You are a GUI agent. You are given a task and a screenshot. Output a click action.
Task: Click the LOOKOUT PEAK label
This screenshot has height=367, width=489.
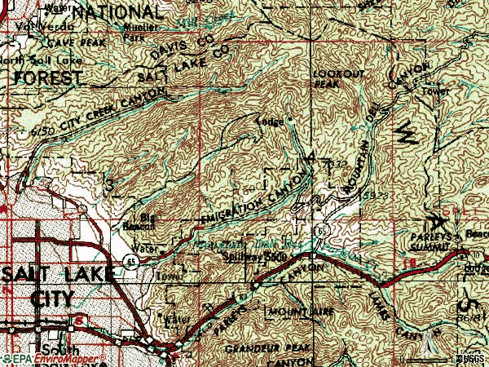click(x=330, y=78)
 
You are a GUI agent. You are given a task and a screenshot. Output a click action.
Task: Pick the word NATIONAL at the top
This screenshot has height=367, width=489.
click(x=116, y=12)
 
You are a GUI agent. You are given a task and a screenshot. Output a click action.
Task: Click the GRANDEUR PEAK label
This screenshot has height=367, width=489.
click(x=260, y=346)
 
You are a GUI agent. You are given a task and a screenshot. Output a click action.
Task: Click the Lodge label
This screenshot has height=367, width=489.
click(x=270, y=122)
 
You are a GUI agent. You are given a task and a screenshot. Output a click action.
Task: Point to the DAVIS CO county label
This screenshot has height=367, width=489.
click(x=184, y=50)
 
